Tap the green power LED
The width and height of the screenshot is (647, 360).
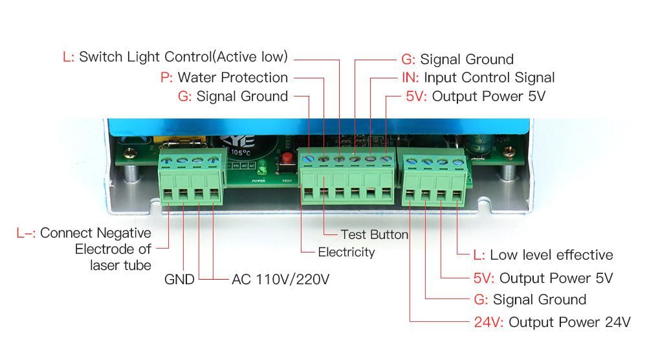[262, 169]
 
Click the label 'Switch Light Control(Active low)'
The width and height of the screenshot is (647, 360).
[183, 56]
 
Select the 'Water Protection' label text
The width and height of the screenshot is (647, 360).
[232, 77]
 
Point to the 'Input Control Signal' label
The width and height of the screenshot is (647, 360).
[489, 78]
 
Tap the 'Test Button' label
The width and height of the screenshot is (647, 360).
[374, 234]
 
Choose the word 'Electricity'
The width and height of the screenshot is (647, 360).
[346, 252]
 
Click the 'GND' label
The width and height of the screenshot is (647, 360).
[179, 280]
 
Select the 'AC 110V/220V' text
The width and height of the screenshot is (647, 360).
[281, 280]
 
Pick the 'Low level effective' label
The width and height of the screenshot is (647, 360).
[551, 255]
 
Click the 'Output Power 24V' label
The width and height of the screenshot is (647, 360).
[569, 322]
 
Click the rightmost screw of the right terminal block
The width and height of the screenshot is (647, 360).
[458, 160]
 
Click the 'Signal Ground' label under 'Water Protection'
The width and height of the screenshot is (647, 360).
[242, 96]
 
